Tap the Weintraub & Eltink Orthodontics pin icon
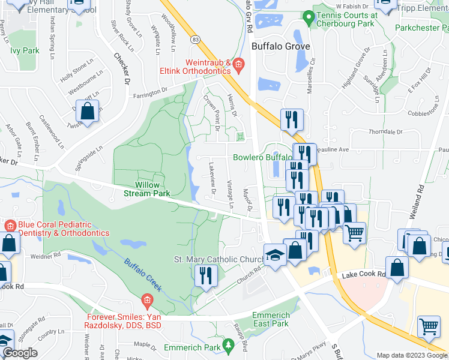click(x=238, y=64)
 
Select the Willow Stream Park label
click(x=147, y=189)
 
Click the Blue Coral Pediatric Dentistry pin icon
click(x=9, y=226)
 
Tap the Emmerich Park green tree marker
click(x=228, y=345)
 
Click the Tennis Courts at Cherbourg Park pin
click(x=309, y=17)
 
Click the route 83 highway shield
click(x=196, y=38)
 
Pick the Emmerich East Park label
click(x=271, y=319)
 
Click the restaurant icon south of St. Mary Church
click(x=205, y=276)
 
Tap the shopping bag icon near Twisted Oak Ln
click(x=88, y=112)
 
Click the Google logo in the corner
click(x=20, y=353)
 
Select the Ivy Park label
click(x=25, y=50)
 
